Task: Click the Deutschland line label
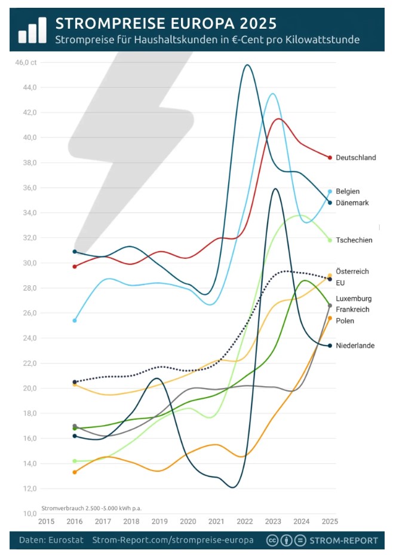click(x=355, y=158)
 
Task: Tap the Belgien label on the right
click(x=348, y=191)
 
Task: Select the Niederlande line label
click(x=355, y=346)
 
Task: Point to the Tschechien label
click(x=354, y=240)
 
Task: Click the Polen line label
click(x=345, y=321)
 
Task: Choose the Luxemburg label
click(x=354, y=298)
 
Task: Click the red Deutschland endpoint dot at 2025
click(x=330, y=157)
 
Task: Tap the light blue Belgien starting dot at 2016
click(x=75, y=320)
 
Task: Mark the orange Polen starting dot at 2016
click(x=75, y=472)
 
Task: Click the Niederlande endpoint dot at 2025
click(x=330, y=346)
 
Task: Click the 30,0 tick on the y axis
click(x=30, y=263)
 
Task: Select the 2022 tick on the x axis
click(x=245, y=521)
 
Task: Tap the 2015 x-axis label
click(x=46, y=521)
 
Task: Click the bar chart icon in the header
click(x=32, y=30)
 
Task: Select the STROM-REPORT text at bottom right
click(x=343, y=540)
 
